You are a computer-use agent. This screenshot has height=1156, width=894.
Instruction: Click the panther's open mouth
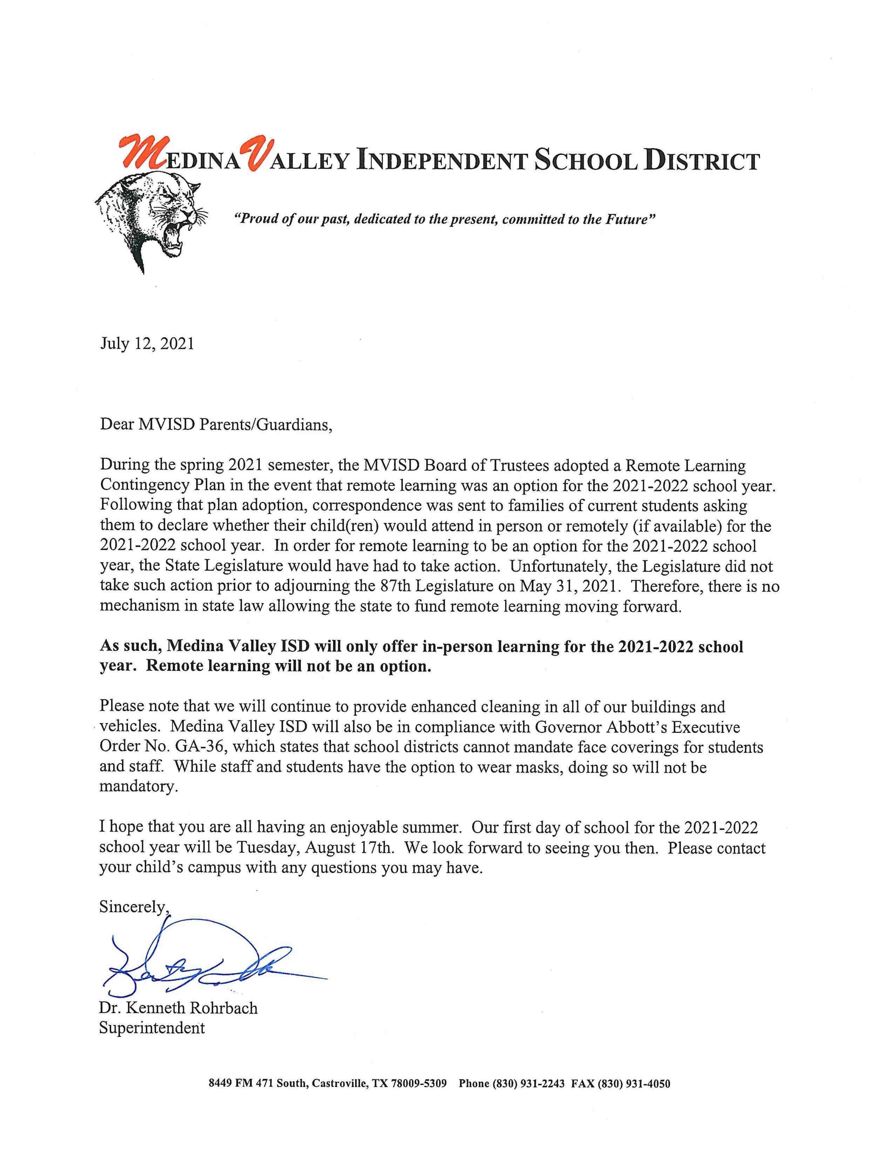(x=173, y=236)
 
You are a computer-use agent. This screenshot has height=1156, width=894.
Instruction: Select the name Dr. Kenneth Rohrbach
(x=178, y=1008)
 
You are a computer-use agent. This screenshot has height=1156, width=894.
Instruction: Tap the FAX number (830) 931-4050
(x=634, y=1099)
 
